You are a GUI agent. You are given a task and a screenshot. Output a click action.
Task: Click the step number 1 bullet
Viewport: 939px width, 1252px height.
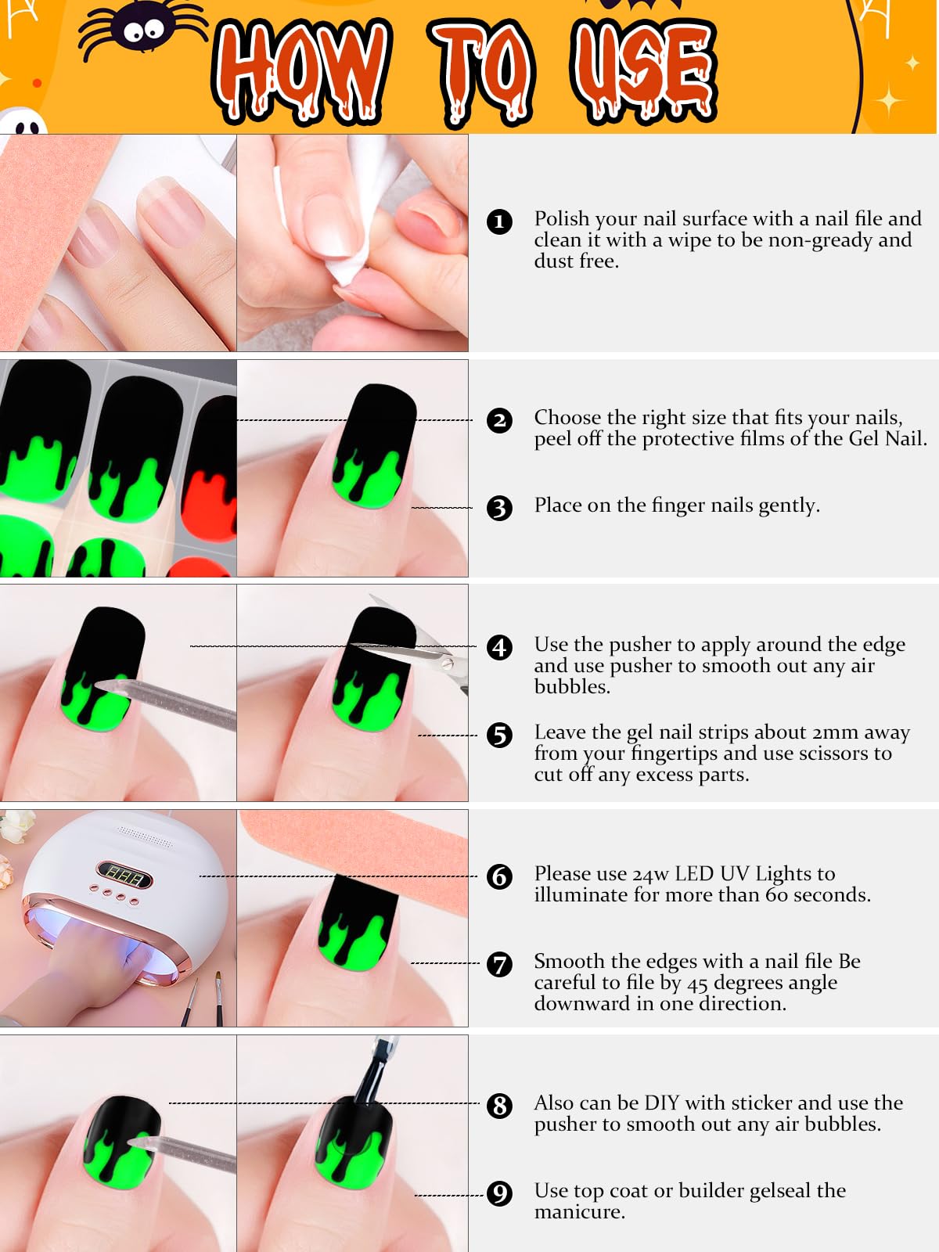pyautogui.click(x=499, y=221)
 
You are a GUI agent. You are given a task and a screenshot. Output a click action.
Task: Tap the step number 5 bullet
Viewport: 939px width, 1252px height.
pyautogui.click(x=499, y=735)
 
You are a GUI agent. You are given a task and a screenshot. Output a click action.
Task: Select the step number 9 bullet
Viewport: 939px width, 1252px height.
pyautogui.click(x=499, y=1193)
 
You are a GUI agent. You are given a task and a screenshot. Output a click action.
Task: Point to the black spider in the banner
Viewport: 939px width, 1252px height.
pyautogui.click(x=141, y=31)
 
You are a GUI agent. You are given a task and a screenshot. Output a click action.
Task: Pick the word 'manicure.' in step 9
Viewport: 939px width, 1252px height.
pyautogui.click(x=580, y=1212)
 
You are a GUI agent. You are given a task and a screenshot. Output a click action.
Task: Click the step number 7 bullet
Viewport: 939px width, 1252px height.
pyautogui.click(x=499, y=964)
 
